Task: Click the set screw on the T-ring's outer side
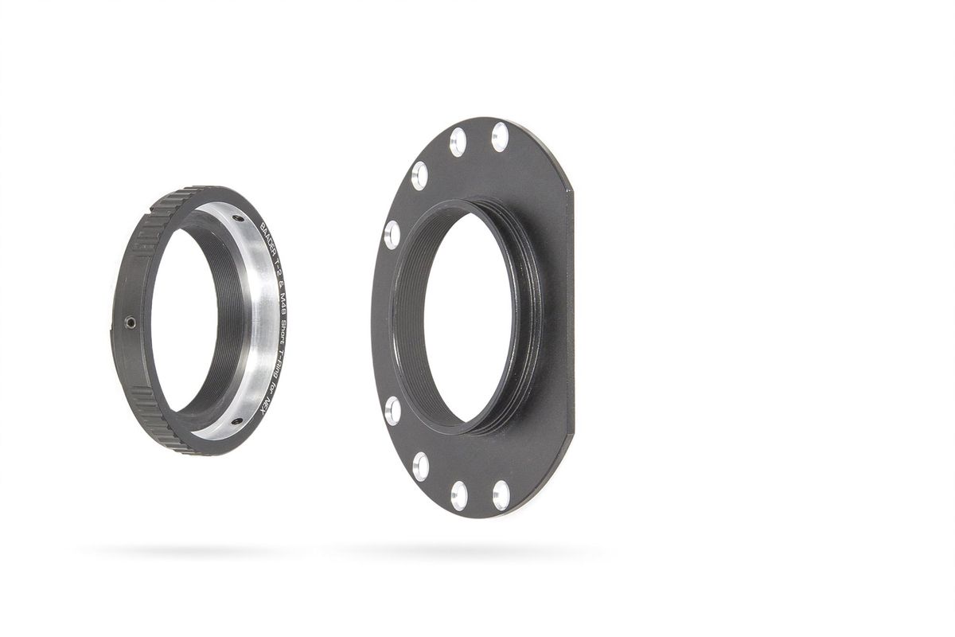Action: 131,322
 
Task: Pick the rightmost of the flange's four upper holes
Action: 500,137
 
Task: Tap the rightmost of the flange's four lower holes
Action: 501,495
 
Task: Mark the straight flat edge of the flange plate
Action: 570,318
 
